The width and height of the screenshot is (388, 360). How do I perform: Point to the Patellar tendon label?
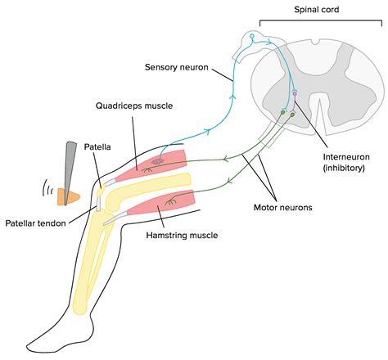[x=38, y=223]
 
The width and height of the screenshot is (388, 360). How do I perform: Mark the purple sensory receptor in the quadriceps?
[x=155, y=162]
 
